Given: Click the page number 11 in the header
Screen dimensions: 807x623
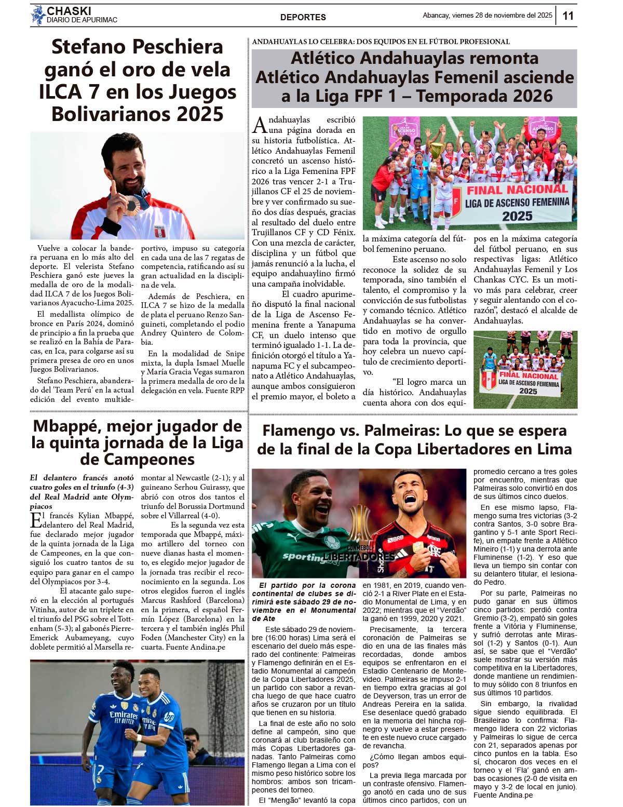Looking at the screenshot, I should (x=568, y=16).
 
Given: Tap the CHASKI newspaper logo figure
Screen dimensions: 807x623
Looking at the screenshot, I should (x=38, y=15).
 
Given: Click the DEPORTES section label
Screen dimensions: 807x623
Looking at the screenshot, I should (x=303, y=17).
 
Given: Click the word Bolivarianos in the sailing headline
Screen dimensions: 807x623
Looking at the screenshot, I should (x=138, y=114).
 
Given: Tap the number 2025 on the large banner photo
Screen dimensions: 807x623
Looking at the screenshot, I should (x=517, y=216).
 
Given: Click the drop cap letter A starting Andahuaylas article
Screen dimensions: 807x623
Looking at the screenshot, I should (x=260, y=125).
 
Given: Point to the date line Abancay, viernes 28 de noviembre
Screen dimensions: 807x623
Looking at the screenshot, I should (x=487, y=16).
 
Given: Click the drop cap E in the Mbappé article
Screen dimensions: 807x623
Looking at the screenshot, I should (x=36, y=520).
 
